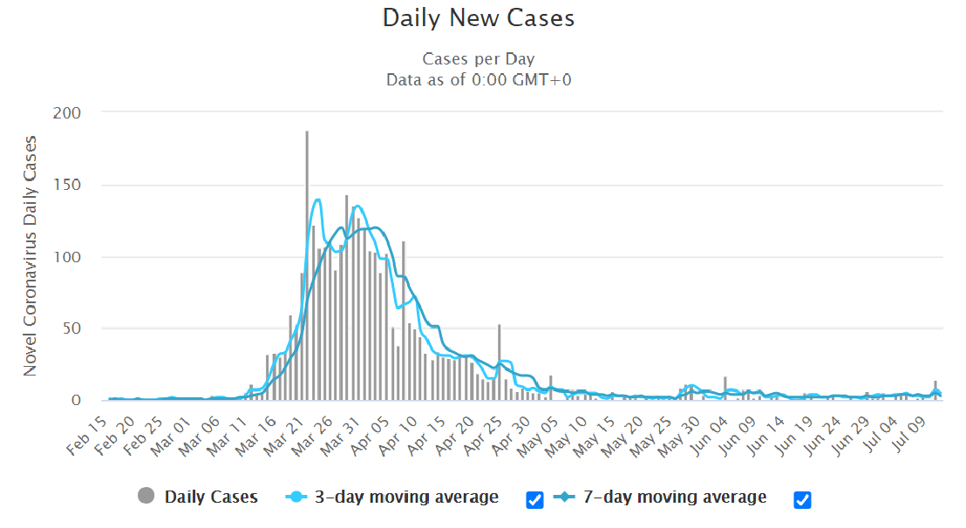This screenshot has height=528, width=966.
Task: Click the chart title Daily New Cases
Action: point(479,18)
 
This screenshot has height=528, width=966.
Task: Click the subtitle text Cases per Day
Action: point(479,59)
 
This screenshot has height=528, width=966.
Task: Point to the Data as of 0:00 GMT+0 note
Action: point(479,79)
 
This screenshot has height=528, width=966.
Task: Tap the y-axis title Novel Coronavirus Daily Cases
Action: point(31,255)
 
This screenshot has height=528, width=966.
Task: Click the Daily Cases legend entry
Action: point(210,498)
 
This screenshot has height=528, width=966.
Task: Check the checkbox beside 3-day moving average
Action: point(535,499)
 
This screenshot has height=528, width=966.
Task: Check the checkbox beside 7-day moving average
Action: point(803,499)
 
